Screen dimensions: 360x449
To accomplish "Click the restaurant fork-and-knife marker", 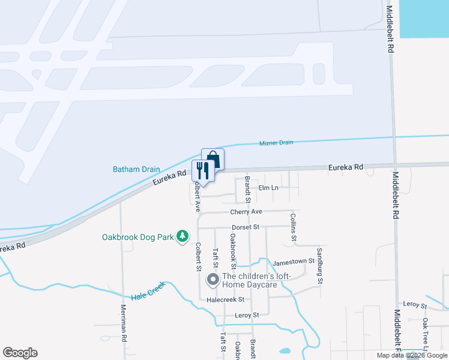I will (202, 170).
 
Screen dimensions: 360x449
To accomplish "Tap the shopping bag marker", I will (212, 159).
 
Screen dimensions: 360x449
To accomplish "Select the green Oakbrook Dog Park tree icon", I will (183, 237).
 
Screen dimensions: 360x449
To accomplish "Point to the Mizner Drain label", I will (276, 143).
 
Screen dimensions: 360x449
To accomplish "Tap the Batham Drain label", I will (136, 169).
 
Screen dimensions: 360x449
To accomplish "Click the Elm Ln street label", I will (268, 188).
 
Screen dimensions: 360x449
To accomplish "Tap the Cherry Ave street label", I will (246, 212).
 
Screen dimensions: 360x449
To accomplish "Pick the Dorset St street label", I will (245, 227).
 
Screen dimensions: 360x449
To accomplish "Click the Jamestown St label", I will (294, 262).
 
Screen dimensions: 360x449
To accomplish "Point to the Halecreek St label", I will (225, 299).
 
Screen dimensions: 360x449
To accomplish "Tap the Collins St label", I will (294, 227).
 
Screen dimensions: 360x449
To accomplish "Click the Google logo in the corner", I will (20, 353).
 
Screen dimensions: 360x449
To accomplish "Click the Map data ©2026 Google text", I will (412, 355).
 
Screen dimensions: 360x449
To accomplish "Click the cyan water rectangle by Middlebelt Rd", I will (424, 18).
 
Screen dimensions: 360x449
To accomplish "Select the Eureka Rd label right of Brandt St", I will (346, 167).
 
